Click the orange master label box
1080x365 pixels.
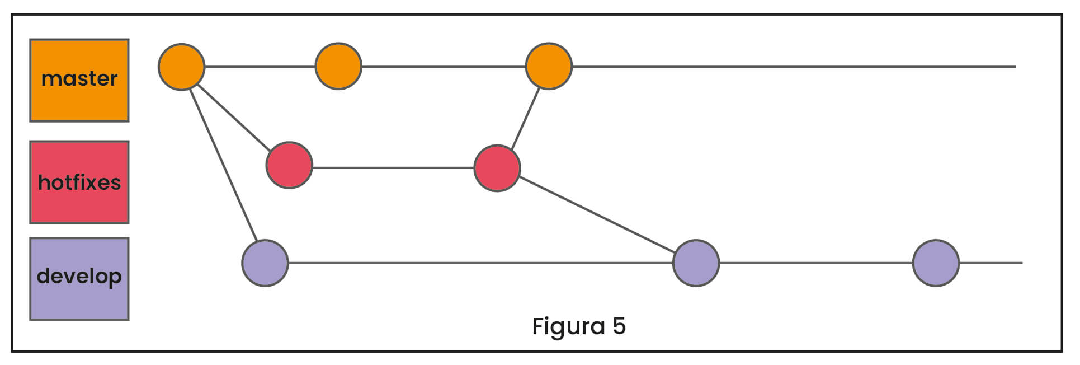pyautogui.click(x=79, y=80)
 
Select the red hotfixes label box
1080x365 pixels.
pyautogui.click(x=79, y=182)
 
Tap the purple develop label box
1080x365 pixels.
pyautogui.click(x=79, y=278)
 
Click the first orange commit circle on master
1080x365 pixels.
pyautogui.click(x=181, y=67)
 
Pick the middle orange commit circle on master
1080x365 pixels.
pyautogui.click(x=338, y=67)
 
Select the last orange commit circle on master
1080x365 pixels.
pyautogui.click(x=549, y=67)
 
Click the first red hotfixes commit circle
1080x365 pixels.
pyautogui.click(x=289, y=165)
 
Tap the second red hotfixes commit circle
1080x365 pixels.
pyautogui.click(x=497, y=168)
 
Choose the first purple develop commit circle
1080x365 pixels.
pyautogui.click(x=265, y=263)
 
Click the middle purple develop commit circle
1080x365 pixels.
pyautogui.click(x=696, y=263)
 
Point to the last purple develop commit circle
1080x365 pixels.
pyautogui.click(x=936, y=263)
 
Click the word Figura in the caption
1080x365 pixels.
pyautogui.click(x=568, y=326)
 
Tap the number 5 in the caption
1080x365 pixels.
pyautogui.click(x=619, y=326)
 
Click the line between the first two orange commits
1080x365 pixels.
pyautogui.click(x=260, y=67)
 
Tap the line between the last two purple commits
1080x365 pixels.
pyautogui.click(x=815, y=263)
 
